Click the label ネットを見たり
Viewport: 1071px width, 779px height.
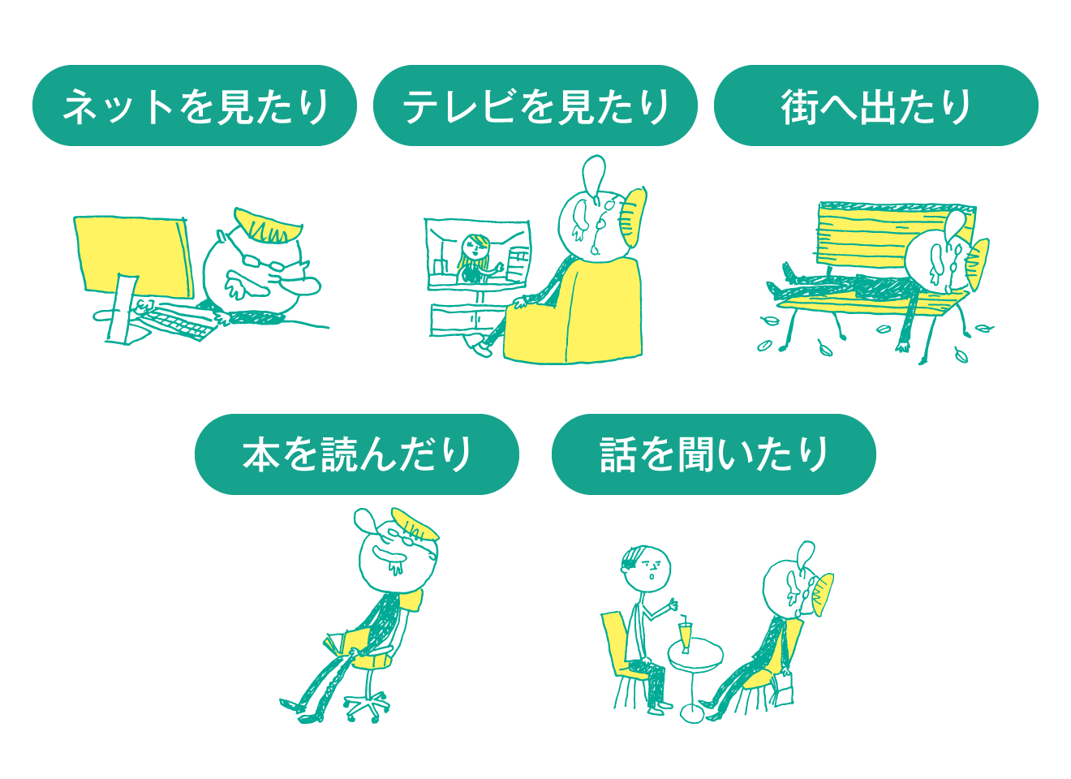click(x=196, y=106)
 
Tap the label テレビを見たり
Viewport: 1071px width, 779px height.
click(x=536, y=106)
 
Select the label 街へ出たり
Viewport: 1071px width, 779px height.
click(x=876, y=106)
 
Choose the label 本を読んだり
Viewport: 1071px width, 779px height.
click(x=357, y=454)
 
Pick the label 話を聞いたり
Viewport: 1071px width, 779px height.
click(x=714, y=454)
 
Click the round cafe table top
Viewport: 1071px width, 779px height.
click(x=695, y=656)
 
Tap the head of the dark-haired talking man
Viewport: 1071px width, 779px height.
click(x=647, y=569)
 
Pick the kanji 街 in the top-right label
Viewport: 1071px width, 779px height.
click(x=800, y=107)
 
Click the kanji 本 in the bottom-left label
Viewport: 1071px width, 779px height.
click(x=261, y=454)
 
